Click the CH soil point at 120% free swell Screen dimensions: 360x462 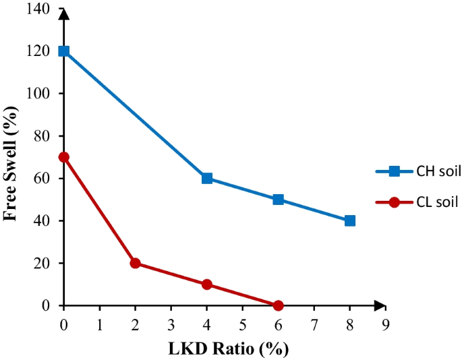(64, 51)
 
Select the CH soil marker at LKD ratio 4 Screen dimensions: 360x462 (207, 178)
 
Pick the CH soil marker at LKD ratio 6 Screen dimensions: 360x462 (279, 200)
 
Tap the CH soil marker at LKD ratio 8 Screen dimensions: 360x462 (349, 220)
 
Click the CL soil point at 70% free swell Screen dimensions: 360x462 (64, 157)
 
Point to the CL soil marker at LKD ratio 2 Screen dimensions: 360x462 (135, 263)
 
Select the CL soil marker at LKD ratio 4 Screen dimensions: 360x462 (207, 284)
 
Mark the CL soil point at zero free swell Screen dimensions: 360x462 (279, 305)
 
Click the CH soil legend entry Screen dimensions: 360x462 (419, 172)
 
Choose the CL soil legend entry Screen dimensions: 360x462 (419, 201)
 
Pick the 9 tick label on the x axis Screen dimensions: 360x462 (385, 324)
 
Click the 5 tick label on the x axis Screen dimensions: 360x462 (243, 324)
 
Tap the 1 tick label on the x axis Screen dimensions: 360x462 (100, 324)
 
